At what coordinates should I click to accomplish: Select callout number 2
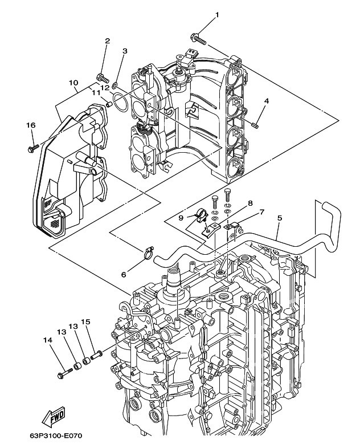107,41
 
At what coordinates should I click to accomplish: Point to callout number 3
125,52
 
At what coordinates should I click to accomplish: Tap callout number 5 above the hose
279,218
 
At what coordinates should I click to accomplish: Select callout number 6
123,274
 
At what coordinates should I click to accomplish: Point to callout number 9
181,217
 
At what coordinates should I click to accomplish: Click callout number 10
73,83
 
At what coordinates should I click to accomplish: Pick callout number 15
86,322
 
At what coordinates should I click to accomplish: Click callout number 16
31,125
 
